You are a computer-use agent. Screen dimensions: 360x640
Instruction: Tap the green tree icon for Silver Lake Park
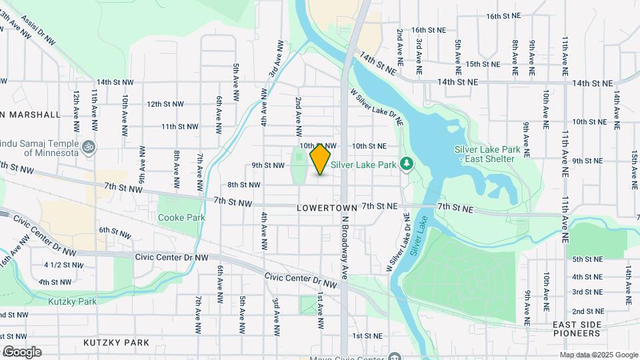tap(405, 164)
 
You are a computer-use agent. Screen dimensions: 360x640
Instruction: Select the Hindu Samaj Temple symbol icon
tap(88, 145)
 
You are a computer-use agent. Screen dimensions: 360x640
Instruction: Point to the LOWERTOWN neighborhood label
tap(327, 209)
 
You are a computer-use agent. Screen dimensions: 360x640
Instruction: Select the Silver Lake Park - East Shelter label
tap(485, 153)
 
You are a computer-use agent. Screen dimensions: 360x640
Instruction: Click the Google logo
tap(21, 352)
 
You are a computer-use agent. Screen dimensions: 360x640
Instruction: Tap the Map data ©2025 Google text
tap(599, 355)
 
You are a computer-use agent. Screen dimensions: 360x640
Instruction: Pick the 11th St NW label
tap(179, 126)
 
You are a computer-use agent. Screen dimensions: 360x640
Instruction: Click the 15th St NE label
tap(483, 64)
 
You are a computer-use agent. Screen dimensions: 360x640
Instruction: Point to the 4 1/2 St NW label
tap(64, 265)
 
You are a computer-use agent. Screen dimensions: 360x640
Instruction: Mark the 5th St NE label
tap(587, 259)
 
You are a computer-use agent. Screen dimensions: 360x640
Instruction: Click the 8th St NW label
tap(243, 185)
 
